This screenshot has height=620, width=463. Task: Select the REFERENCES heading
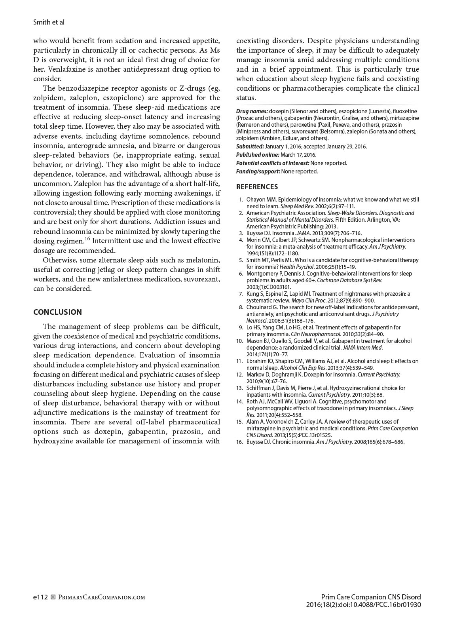[x=257, y=187]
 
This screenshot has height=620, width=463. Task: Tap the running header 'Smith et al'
[x=49, y=22]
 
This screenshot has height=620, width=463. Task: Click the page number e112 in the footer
[x=40, y=597]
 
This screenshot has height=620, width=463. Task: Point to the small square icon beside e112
[x=53, y=597]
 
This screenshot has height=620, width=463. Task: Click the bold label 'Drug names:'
[x=252, y=111]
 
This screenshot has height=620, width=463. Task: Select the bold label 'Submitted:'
[x=250, y=146]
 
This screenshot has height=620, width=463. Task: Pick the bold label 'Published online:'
[x=258, y=155]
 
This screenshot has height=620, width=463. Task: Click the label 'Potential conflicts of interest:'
[x=273, y=163]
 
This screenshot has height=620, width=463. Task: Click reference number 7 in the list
[x=241, y=294]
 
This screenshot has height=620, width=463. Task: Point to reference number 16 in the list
[x=239, y=442]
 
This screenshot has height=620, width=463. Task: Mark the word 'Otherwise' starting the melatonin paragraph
[x=60, y=260]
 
